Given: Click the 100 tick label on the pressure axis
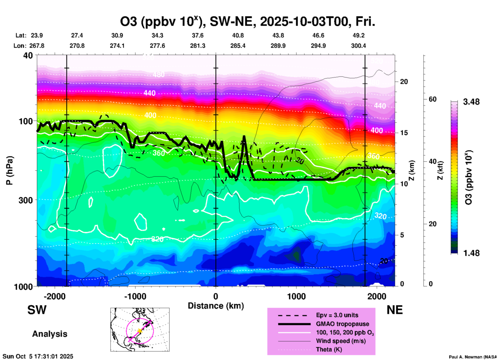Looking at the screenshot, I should (x=26, y=121).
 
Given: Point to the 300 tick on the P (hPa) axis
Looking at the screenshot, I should (x=26, y=200).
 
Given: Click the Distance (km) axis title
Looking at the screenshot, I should (x=216, y=306).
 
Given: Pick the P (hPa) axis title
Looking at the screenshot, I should (x=10, y=170).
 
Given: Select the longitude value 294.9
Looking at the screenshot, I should (x=318, y=46).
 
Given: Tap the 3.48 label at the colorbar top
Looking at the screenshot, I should (x=471, y=102).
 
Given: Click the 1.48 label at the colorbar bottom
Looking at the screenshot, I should (x=471, y=253).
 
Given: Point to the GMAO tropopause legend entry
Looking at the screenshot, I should (x=342, y=324).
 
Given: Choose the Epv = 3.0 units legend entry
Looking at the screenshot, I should (x=337, y=315).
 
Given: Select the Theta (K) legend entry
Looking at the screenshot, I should (x=329, y=349).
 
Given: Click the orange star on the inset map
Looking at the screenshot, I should (x=140, y=331).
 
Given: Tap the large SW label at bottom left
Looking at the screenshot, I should (x=37, y=310).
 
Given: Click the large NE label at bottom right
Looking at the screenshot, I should (x=395, y=310).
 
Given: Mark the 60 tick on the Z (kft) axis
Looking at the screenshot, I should (x=432, y=99).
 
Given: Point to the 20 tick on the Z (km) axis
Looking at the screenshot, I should (x=404, y=82).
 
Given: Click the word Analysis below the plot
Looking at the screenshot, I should (x=50, y=334).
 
